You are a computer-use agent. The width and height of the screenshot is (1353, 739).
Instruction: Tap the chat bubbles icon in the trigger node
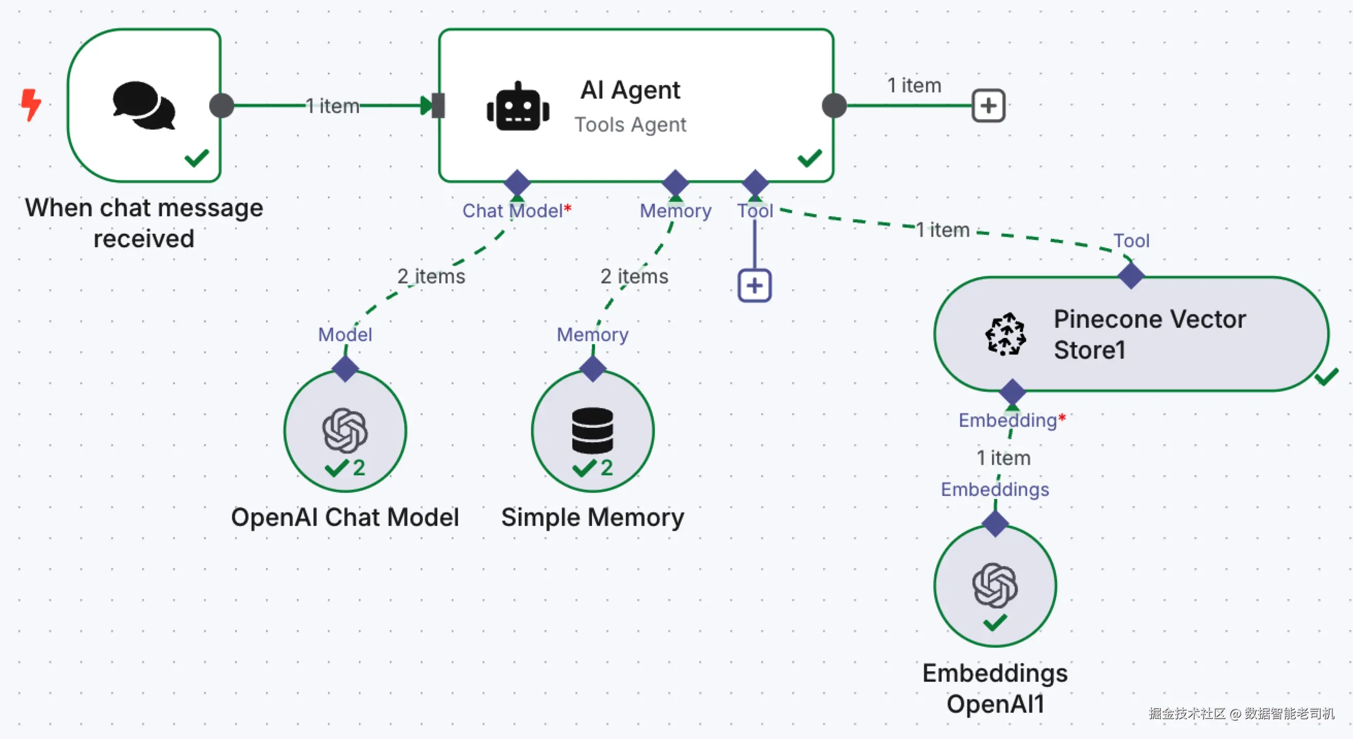[143, 105]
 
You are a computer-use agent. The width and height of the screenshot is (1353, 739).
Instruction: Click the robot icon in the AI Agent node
[518, 107]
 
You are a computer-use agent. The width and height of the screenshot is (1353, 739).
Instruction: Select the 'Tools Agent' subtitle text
[630, 124]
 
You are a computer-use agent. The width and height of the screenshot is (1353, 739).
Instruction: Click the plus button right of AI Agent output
[988, 106]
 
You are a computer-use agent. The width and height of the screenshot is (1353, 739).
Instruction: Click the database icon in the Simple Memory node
[592, 430]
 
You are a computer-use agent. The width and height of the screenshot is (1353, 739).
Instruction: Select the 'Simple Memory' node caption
[592, 517]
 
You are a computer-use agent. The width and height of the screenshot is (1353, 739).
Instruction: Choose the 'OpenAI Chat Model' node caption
[345, 517]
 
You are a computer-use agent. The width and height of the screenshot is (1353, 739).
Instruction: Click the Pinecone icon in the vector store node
[1005, 334]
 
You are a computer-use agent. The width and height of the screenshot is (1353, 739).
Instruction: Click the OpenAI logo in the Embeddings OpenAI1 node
[995, 585]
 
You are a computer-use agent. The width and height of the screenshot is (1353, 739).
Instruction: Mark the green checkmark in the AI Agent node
[810, 158]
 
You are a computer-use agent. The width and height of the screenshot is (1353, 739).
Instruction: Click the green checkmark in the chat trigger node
[197, 158]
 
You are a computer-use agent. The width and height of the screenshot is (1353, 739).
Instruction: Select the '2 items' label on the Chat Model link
[431, 277]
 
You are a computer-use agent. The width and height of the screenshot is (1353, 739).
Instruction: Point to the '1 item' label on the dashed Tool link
[943, 230]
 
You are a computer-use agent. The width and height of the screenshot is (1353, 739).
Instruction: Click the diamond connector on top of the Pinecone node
[1131, 276]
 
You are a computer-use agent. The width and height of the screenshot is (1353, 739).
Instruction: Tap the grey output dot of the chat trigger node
[221, 106]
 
